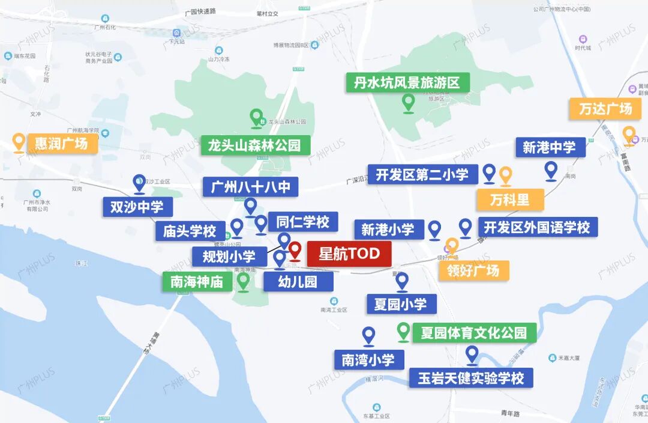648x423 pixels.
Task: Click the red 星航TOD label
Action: click(349, 254)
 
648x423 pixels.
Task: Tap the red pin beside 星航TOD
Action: click(295, 251)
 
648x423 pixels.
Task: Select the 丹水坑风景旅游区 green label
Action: click(407, 83)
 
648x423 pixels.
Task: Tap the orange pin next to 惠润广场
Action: click(19, 142)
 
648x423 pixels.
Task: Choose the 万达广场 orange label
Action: click(605, 109)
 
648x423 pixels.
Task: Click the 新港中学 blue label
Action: click(549, 147)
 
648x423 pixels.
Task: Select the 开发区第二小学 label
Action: click(422, 175)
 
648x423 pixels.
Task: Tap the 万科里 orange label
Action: click(510, 199)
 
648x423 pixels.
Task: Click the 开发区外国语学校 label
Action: click(537, 227)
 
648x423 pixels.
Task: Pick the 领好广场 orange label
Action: click(473, 270)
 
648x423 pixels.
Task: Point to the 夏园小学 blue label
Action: click(401, 304)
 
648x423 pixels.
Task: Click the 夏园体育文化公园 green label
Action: click(474, 332)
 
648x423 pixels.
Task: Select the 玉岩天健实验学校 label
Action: click(471, 379)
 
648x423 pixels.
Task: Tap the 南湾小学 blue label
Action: click(368, 360)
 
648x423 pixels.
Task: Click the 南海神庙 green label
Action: click(197, 281)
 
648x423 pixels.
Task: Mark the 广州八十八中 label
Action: click(250, 187)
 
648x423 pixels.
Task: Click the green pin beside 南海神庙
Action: click(243, 281)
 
